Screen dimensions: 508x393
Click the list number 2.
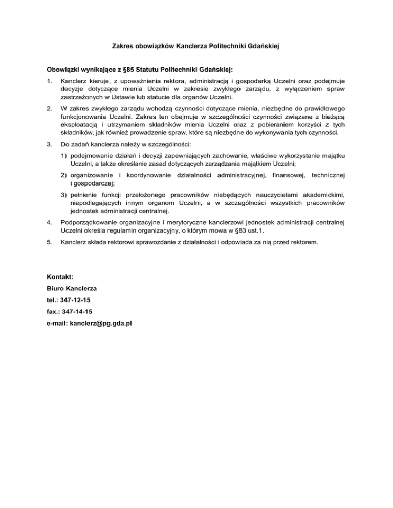pyautogui.click(x=49, y=109)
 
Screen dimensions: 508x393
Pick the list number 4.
pyautogui.click(x=49, y=223)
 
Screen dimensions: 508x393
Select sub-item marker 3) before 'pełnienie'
pyautogui.click(x=64, y=195)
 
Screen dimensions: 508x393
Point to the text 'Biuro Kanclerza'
pyautogui.click(x=72, y=288)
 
